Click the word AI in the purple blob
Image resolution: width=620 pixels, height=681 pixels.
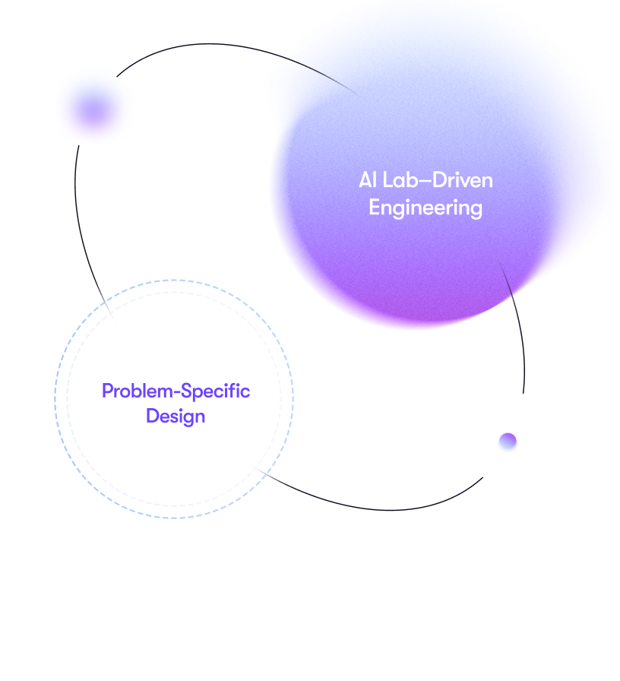367,180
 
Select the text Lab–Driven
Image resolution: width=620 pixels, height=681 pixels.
438,180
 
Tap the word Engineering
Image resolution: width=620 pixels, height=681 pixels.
425,208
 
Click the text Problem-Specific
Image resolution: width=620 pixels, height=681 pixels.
176,391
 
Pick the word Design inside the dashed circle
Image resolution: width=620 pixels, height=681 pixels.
176,417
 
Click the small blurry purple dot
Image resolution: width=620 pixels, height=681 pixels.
93,109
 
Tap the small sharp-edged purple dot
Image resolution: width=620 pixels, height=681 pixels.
508,442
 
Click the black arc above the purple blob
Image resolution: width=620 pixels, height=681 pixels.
217,44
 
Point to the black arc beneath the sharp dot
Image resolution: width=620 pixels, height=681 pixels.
382,509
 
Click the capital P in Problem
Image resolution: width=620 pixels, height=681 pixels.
107,391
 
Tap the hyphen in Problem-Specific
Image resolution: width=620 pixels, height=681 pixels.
177,393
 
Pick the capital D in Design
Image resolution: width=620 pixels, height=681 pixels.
152,416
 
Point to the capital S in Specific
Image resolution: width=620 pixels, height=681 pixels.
187,391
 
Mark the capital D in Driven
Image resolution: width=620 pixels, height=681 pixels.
439,180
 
